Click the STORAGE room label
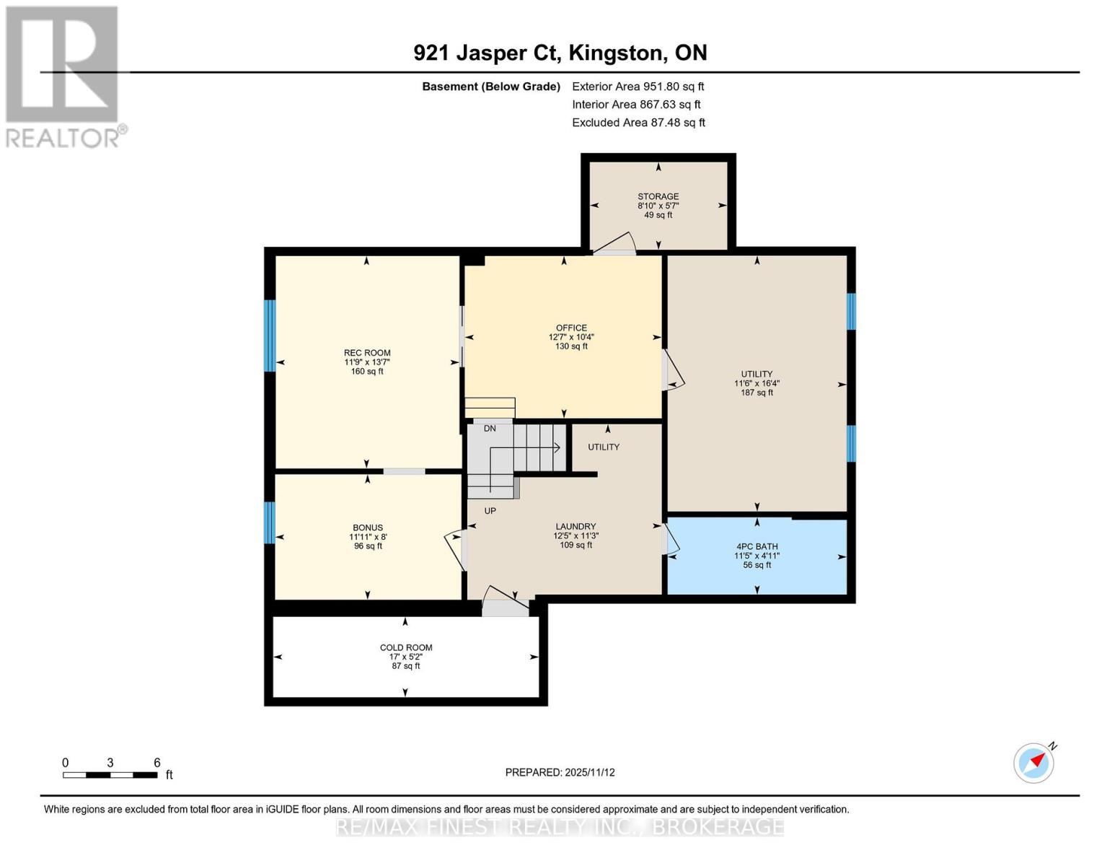click(x=658, y=196)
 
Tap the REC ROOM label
click(x=367, y=353)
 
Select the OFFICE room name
click(x=571, y=328)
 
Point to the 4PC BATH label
click(x=757, y=546)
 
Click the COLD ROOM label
click(x=405, y=647)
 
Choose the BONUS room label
click(x=368, y=527)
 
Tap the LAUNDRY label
click(x=576, y=526)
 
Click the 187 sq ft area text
click(x=757, y=393)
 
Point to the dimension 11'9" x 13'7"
click(x=367, y=362)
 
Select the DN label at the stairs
click(x=490, y=428)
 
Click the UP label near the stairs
click(x=490, y=511)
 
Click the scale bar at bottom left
click(x=110, y=774)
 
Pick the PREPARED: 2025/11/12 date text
click(x=560, y=772)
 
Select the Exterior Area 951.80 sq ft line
click(x=638, y=87)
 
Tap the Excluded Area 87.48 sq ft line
click(x=638, y=123)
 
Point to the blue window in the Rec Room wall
click(x=270, y=336)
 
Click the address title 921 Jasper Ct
click(x=487, y=53)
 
